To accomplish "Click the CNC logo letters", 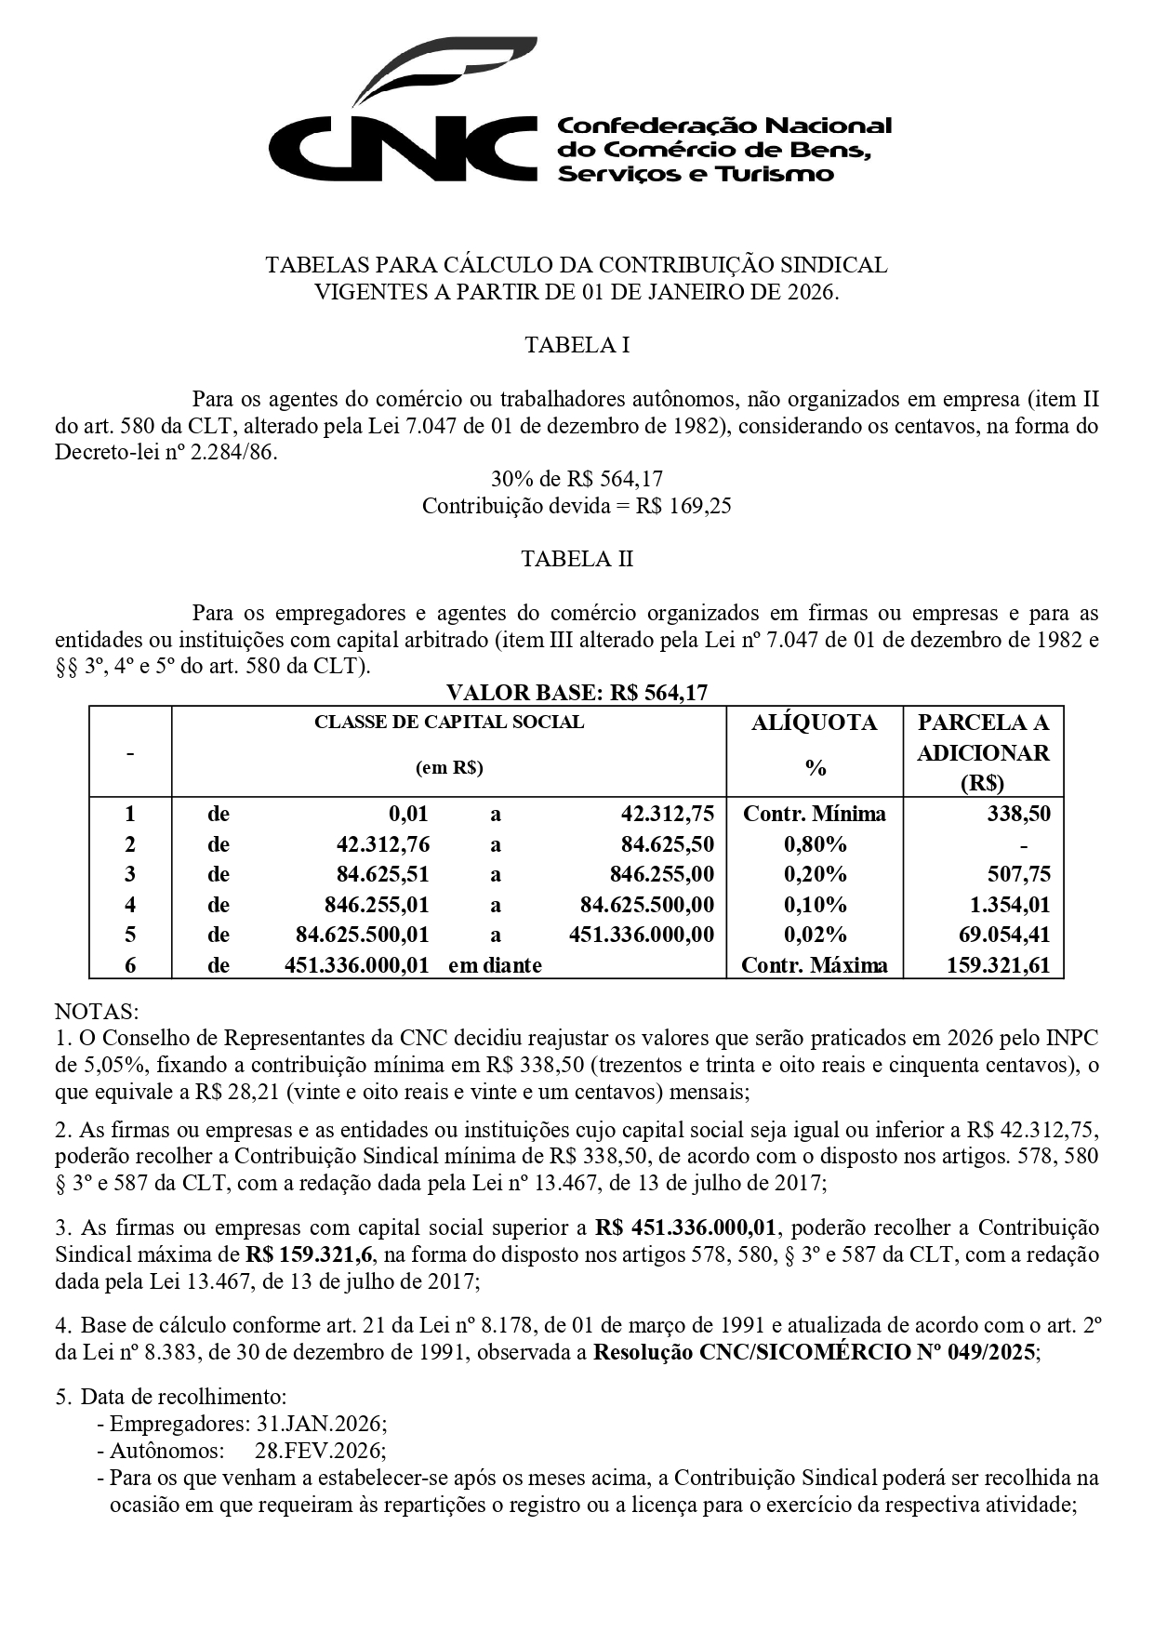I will (405, 149).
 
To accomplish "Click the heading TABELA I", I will (577, 345).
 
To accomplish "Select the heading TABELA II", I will (577, 559).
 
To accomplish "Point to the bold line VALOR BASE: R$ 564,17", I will (577, 693).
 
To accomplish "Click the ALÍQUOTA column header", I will (814, 723).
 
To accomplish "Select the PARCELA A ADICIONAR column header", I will (983, 751).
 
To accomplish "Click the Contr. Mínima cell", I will (814, 814).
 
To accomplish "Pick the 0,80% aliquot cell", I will (815, 844).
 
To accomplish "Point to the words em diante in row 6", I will (495, 965).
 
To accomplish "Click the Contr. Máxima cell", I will (814, 965).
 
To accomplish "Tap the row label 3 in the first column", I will (130, 874).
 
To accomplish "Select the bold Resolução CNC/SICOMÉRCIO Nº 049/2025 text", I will (814, 1352).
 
